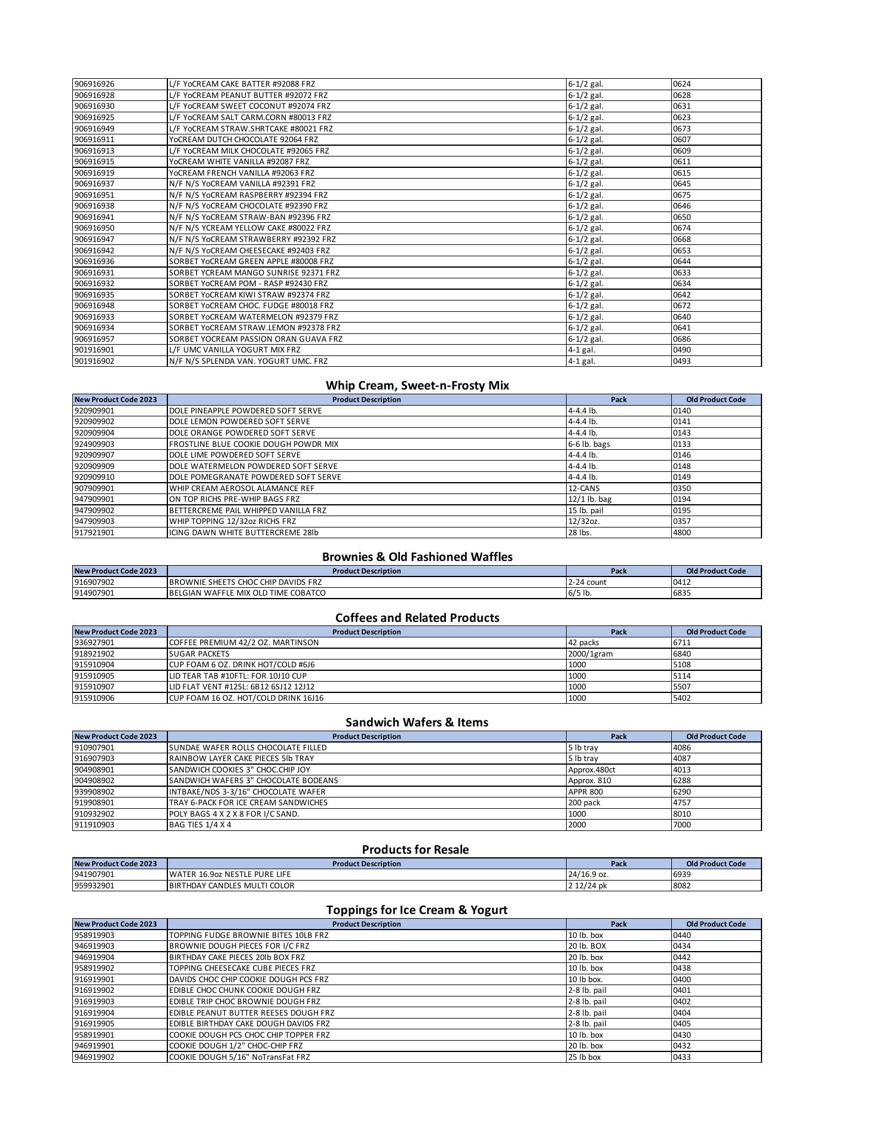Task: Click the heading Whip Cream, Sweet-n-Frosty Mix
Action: (417, 385)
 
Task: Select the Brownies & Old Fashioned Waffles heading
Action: (417, 557)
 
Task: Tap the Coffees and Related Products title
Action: (417, 618)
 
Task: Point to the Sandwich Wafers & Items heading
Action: (417, 722)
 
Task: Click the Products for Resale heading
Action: (415, 849)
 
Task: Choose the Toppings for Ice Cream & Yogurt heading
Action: (417, 910)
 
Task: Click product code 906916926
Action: (94, 84)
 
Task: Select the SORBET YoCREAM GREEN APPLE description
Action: (251, 262)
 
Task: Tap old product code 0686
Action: (682, 339)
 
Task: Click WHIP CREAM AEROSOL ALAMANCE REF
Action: (241, 488)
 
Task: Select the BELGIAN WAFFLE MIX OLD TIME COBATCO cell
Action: (247, 593)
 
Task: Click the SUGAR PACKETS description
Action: (199, 654)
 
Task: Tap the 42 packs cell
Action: (583, 643)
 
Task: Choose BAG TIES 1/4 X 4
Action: (200, 825)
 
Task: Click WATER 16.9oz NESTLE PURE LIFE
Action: (230, 875)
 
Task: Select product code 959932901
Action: (94, 885)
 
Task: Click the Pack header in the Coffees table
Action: (619, 631)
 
